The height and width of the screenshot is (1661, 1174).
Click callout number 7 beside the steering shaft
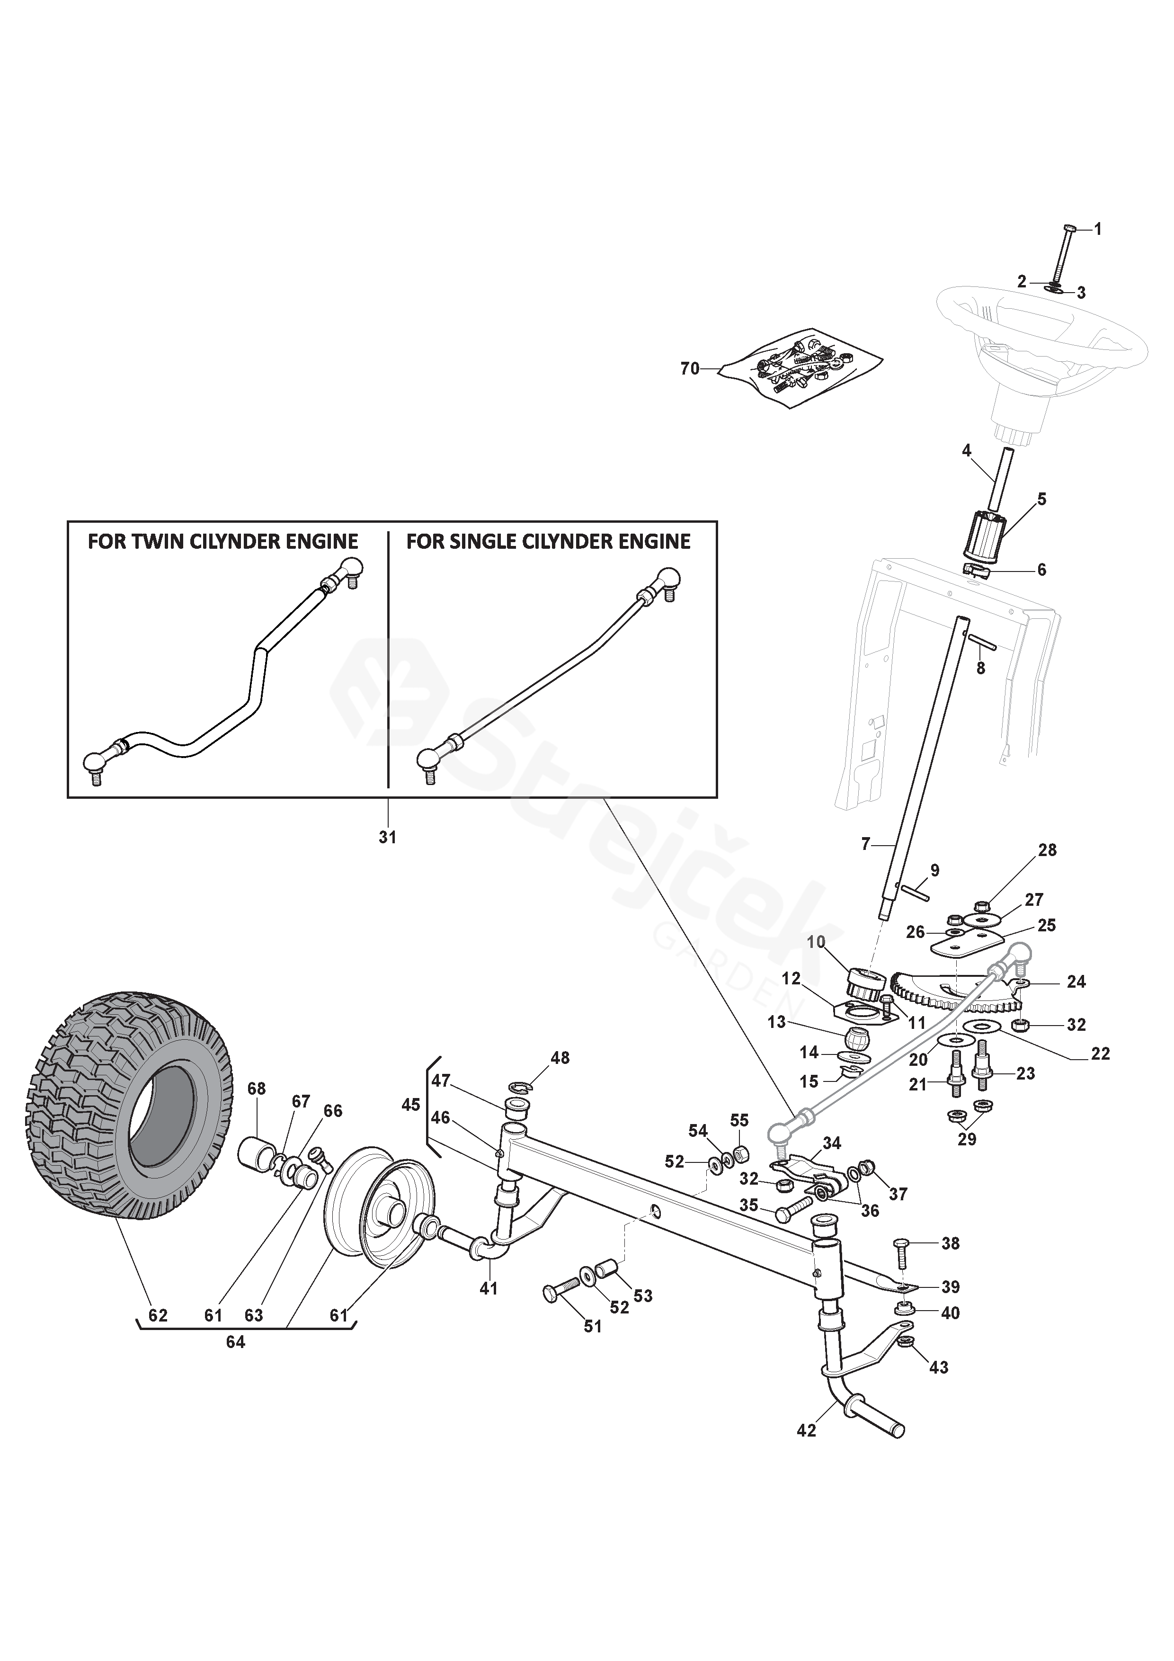(867, 844)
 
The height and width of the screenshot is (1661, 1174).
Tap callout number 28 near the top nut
(1048, 850)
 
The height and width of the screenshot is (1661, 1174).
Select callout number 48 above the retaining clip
(560, 1058)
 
